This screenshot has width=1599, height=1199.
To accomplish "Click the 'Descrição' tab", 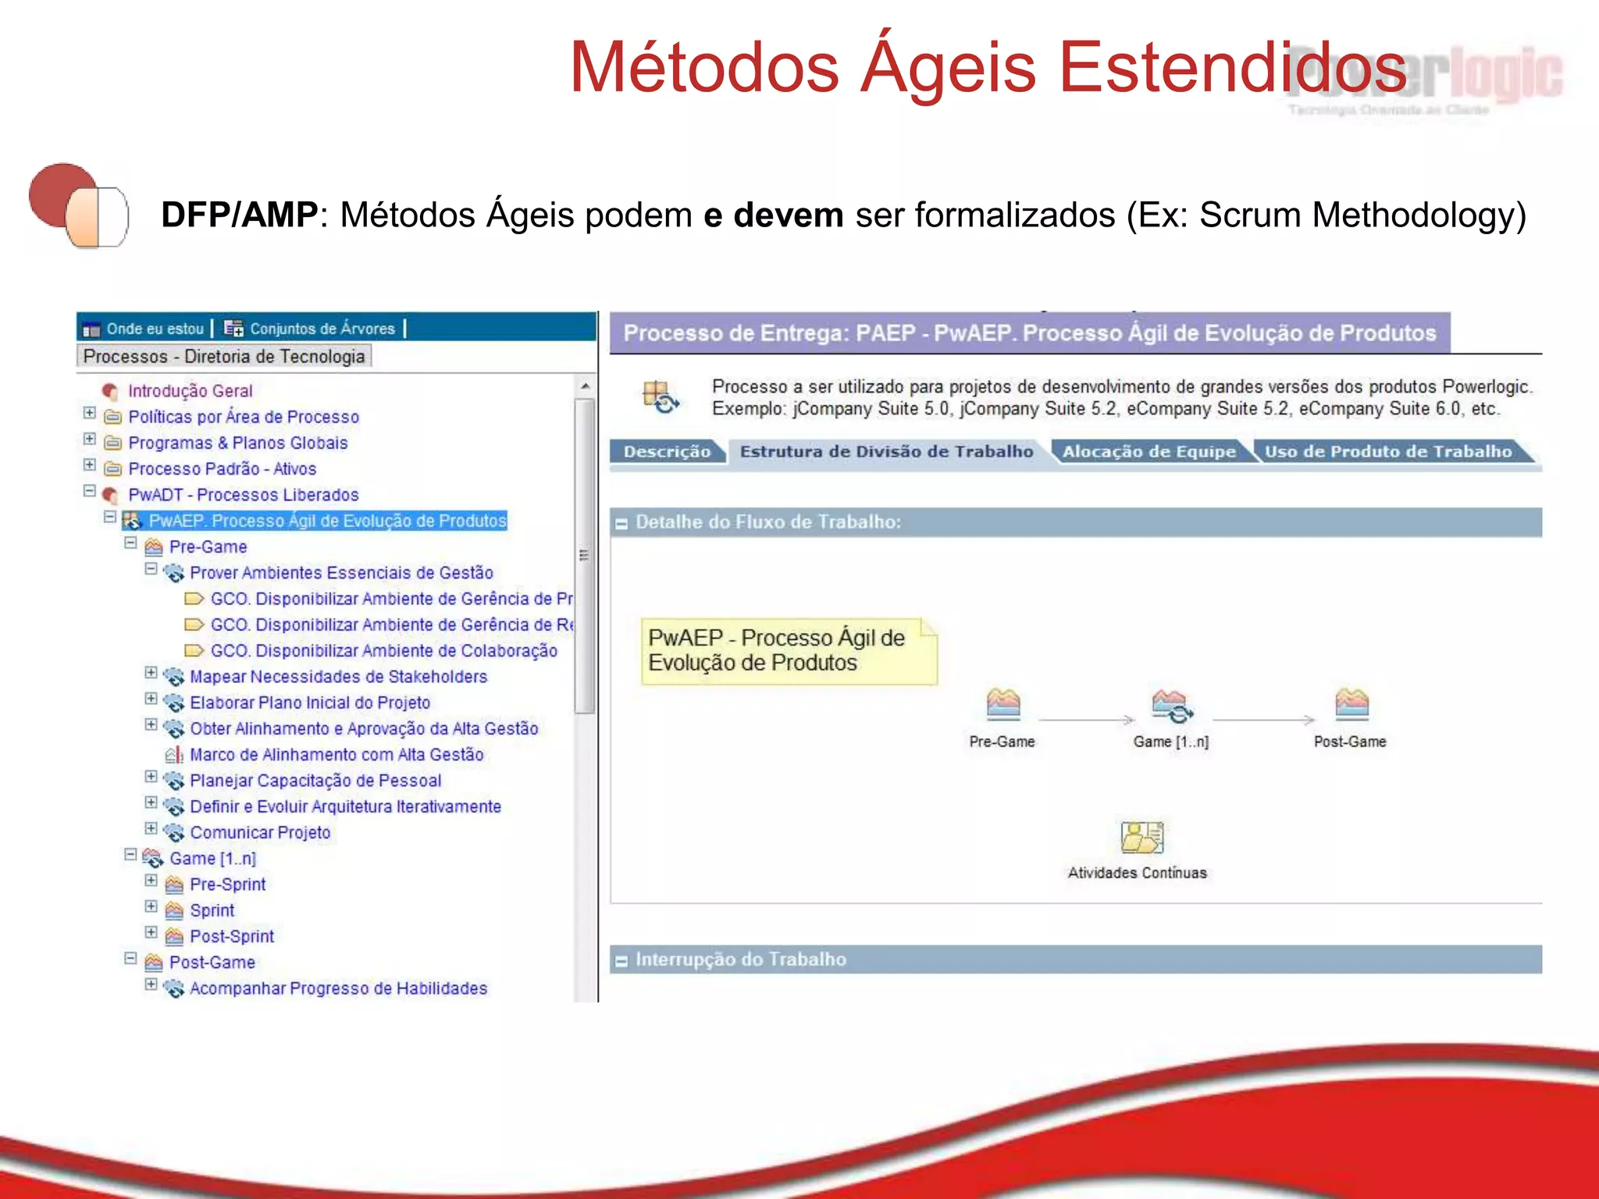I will pos(667,452).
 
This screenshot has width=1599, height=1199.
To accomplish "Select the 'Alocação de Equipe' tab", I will pos(1149,452).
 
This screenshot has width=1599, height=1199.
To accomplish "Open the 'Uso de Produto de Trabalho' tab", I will pos(1387,452).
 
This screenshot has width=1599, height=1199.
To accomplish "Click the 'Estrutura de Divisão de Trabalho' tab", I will pos(886,452).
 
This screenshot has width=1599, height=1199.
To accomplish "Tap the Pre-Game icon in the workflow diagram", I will pos(1002,704).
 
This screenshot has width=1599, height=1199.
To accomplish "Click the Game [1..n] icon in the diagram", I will pos(1170,706).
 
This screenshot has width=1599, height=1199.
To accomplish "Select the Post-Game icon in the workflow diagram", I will pos(1351,704).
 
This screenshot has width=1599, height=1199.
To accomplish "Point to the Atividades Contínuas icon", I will pos(1141,838).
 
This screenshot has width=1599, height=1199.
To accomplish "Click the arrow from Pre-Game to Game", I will pos(1086,720).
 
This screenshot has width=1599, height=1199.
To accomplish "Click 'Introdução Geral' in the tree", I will pos(190,391).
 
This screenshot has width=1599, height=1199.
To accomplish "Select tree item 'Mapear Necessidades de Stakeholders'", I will pos(338,677).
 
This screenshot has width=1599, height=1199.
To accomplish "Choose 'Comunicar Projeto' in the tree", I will pos(260,833).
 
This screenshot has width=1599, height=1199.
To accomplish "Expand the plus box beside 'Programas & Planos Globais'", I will pos(90,439).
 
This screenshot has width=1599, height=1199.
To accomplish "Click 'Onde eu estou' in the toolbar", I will pos(154,329).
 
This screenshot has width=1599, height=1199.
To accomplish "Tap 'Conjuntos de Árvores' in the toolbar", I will pos(322,329).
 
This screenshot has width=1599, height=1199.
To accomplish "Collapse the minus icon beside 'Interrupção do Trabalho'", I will pos(621,961).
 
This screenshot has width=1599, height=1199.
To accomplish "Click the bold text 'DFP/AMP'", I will pos(239,215).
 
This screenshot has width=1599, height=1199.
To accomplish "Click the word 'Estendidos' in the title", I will pos(1232,67).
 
